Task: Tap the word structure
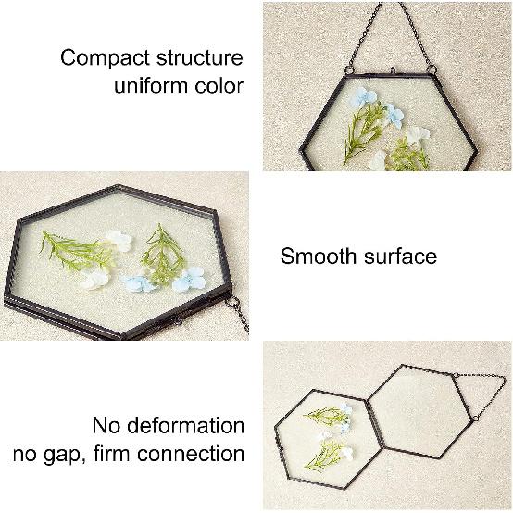[198, 57]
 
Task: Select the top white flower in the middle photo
[119, 239]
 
